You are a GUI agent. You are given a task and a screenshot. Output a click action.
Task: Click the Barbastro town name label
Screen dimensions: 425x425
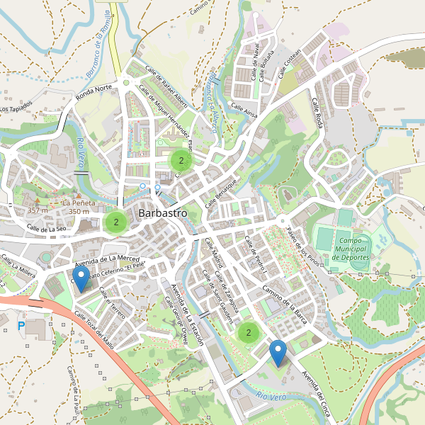(x=163, y=212)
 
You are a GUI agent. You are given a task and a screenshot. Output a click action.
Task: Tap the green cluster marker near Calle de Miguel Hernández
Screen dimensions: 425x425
(x=181, y=161)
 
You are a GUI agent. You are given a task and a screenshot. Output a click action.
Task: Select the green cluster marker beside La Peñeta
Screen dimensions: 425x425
(x=115, y=222)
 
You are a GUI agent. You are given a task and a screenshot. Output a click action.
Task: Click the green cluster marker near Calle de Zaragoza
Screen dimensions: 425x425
(x=248, y=332)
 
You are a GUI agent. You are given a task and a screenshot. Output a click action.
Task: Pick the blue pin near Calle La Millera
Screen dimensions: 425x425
(x=81, y=278)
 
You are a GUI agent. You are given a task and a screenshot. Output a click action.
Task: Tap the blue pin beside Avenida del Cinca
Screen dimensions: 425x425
(x=278, y=352)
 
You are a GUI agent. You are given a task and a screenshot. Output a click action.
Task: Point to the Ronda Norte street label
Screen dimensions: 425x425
(x=94, y=92)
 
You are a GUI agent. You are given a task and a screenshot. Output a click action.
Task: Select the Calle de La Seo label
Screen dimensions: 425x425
(x=47, y=229)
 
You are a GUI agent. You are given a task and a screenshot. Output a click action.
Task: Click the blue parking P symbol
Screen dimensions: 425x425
(x=21, y=325)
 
